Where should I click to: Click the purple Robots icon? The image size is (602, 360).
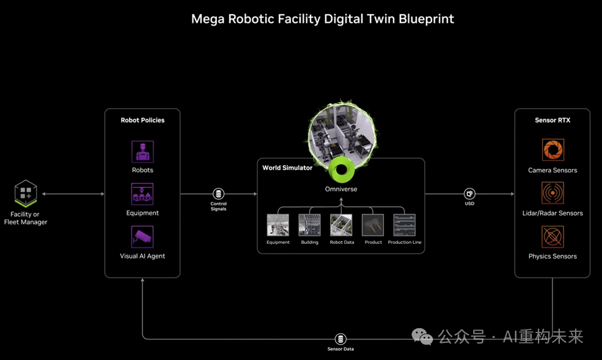pyautogui.click(x=142, y=152)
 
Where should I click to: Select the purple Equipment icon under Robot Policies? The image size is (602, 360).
pyautogui.click(x=142, y=194)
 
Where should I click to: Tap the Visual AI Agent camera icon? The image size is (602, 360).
pyautogui.click(x=142, y=237)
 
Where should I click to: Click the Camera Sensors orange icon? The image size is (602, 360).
pyautogui.click(x=553, y=150)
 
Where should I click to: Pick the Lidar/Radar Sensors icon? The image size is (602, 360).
pyautogui.click(x=553, y=193)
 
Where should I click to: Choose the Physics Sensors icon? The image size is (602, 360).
pyautogui.click(x=553, y=237)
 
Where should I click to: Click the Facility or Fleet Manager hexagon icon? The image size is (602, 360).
pyautogui.click(x=26, y=193)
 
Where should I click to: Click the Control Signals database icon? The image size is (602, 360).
pyautogui.click(x=218, y=193)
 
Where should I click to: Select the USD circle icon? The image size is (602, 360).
pyautogui.click(x=469, y=193)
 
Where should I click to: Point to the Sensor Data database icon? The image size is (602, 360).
pyautogui.click(x=340, y=339)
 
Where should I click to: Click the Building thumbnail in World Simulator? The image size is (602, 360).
pyautogui.click(x=309, y=225)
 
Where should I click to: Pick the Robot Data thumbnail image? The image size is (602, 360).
pyautogui.click(x=341, y=225)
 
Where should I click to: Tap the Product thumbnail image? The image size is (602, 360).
pyautogui.click(x=373, y=225)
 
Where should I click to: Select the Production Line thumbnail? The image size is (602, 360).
pyautogui.click(x=404, y=225)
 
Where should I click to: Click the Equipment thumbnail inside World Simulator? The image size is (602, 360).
pyautogui.click(x=278, y=225)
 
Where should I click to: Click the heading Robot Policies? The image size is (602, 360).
pyautogui.click(x=142, y=120)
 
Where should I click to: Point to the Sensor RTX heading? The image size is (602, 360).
pyautogui.click(x=552, y=120)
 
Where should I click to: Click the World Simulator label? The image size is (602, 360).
pyautogui.click(x=287, y=167)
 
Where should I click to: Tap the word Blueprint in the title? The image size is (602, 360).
pyautogui.click(x=426, y=19)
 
